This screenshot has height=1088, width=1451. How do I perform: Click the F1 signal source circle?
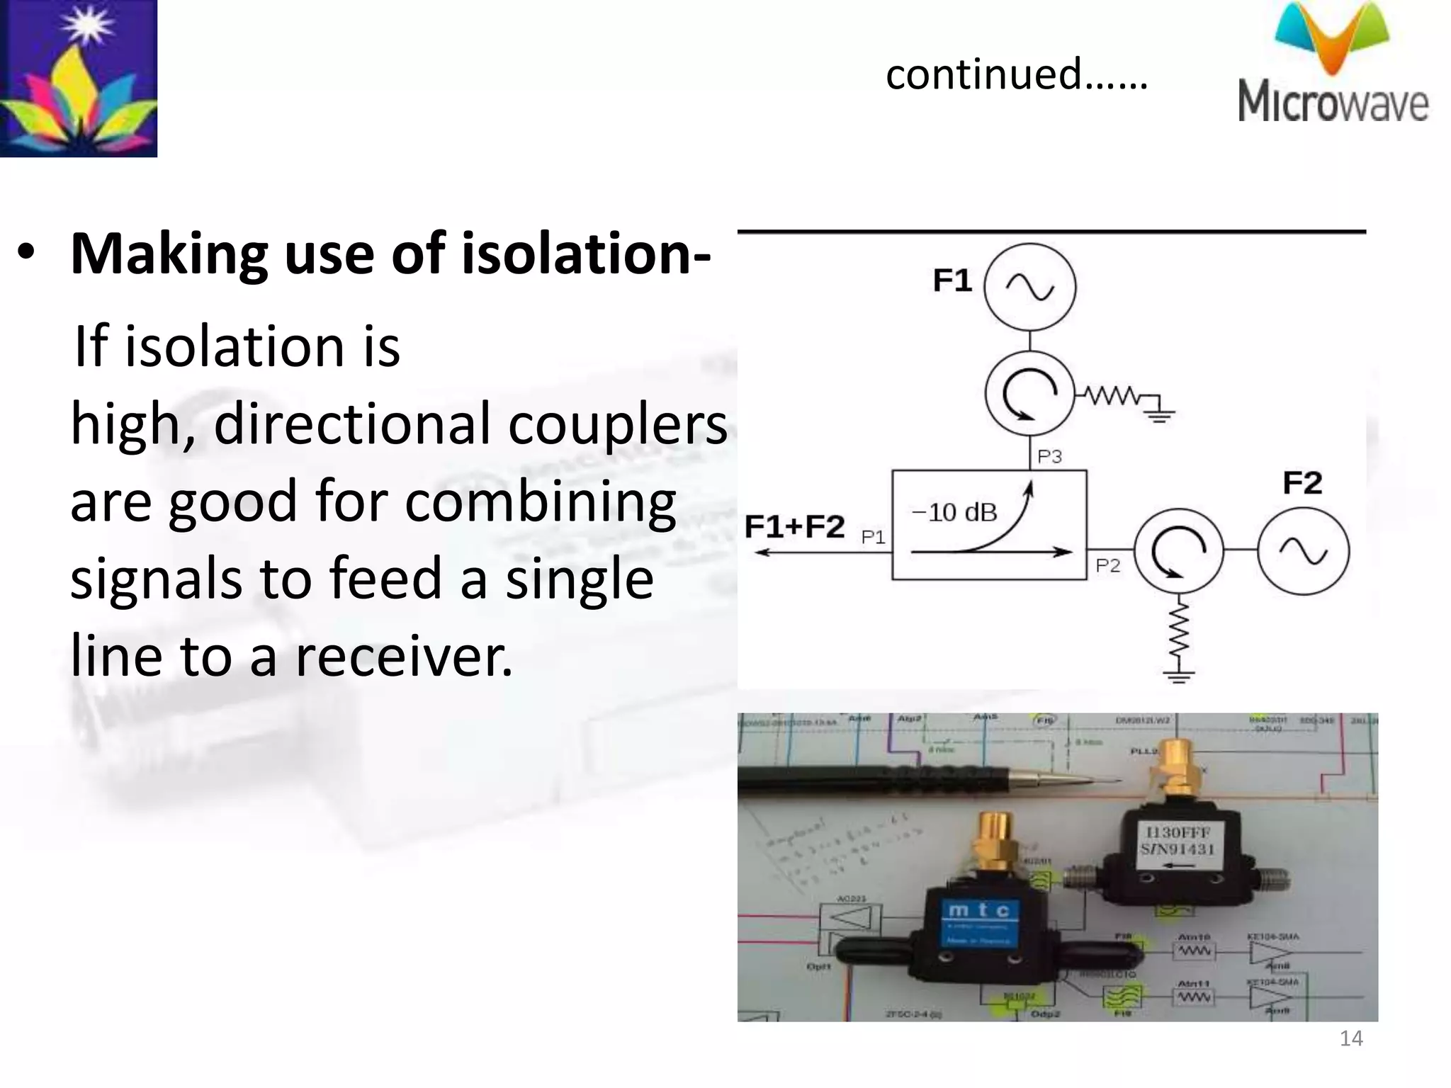tap(1030, 287)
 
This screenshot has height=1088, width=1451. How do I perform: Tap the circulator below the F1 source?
tap(1030, 394)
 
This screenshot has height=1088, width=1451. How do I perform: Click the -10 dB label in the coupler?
tap(954, 511)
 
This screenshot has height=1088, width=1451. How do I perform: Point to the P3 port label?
tap(1049, 457)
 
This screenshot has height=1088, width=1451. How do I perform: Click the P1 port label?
tap(873, 538)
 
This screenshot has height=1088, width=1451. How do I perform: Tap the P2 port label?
tap(1108, 565)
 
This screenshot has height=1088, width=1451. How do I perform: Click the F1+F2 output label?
tap(795, 526)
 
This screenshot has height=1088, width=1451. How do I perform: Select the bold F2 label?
tap(1302, 483)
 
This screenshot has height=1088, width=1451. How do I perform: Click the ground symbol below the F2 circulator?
tap(1178, 674)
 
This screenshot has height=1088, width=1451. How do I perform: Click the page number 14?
tap(1351, 1038)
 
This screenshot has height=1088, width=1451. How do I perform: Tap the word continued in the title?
tap(983, 74)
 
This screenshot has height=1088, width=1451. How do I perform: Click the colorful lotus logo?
tap(78, 78)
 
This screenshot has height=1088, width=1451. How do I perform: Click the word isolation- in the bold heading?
tap(586, 254)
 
